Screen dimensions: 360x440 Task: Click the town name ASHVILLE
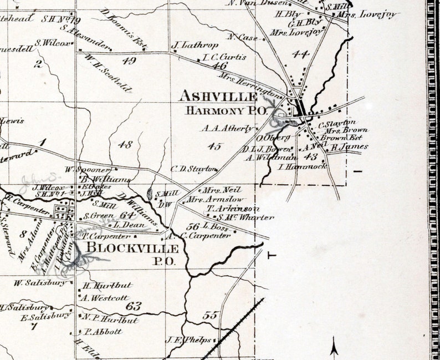pyautogui.click(x=218, y=97)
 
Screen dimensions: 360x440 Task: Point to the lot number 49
pyautogui.click(x=129, y=61)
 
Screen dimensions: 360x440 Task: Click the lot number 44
pyautogui.click(x=300, y=54)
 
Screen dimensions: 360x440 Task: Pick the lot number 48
pyautogui.click(x=126, y=145)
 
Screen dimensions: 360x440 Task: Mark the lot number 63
pyautogui.click(x=134, y=306)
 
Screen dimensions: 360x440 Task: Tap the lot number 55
pyautogui.click(x=209, y=316)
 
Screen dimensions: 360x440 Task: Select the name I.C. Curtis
pyautogui.click(x=224, y=57)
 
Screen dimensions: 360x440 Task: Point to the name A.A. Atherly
pyautogui.click(x=227, y=128)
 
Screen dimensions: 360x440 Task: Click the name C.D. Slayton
pyautogui.click(x=193, y=169)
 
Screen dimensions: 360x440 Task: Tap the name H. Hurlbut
pyautogui.click(x=107, y=286)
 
